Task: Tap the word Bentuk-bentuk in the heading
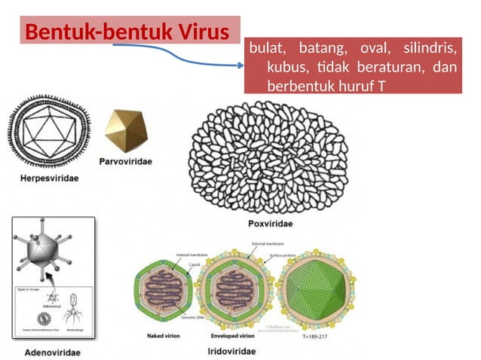pyautogui.click(x=90, y=32)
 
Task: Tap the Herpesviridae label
pyautogui.click(x=48, y=178)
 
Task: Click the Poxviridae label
pyautogui.click(x=270, y=224)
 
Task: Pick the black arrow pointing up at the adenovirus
pyautogui.click(x=53, y=280)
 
